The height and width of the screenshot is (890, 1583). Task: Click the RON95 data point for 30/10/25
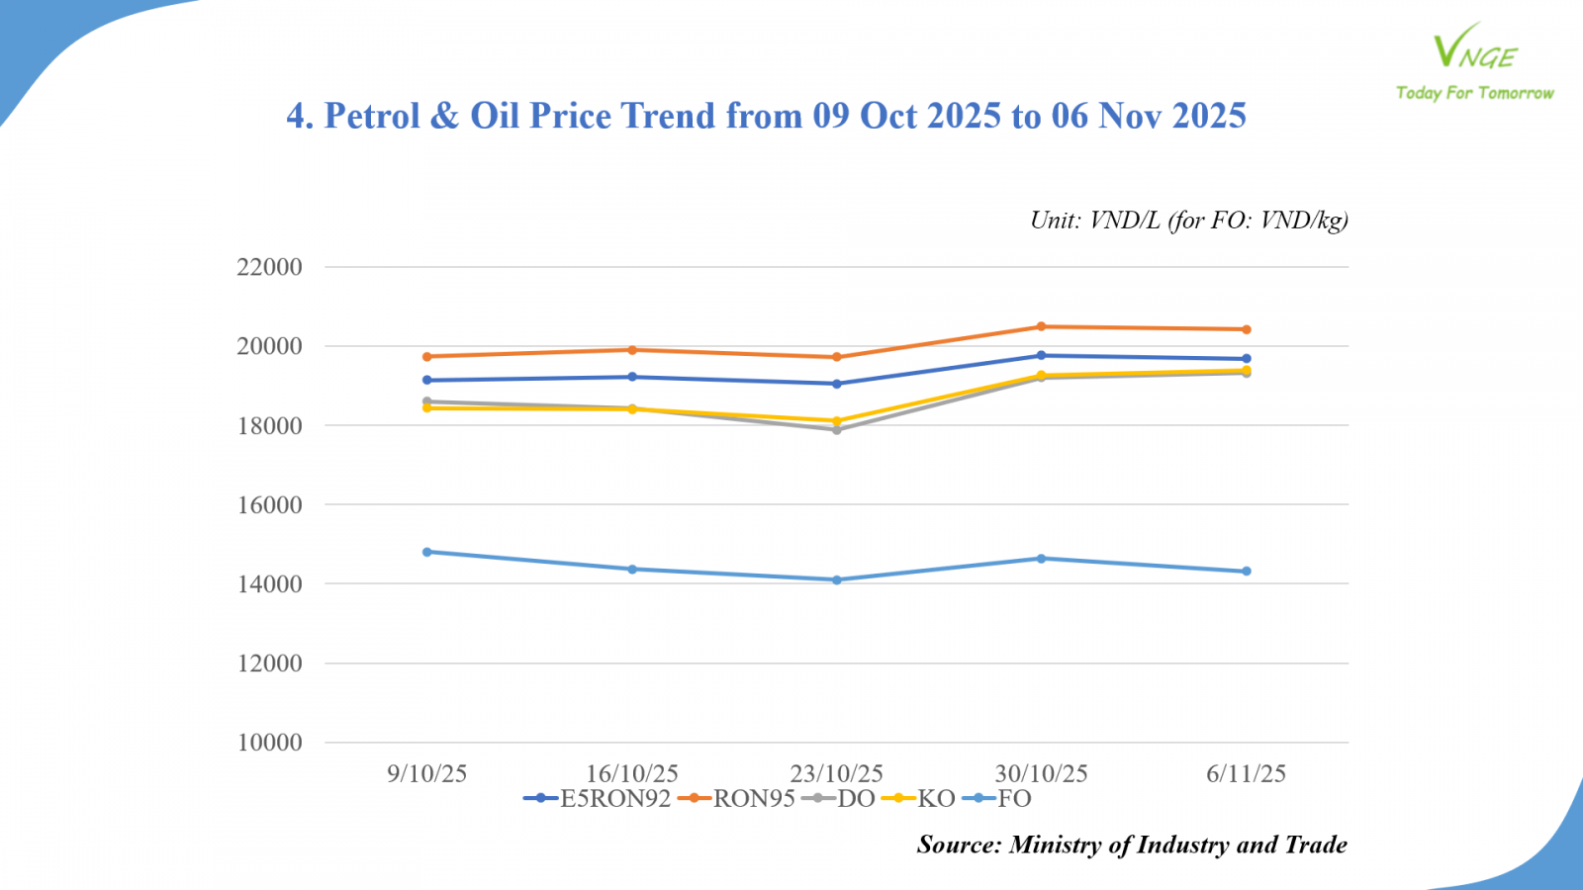click(1041, 326)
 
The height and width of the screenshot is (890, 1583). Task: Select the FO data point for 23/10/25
click(837, 580)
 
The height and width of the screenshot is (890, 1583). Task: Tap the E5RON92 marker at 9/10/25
click(427, 380)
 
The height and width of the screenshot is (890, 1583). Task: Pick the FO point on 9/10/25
click(427, 552)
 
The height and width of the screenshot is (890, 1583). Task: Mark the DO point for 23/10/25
click(837, 430)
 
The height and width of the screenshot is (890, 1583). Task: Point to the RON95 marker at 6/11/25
click(1247, 329)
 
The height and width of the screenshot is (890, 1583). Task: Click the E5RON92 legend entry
click(598, 799)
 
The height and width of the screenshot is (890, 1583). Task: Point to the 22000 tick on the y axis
click(269, 267)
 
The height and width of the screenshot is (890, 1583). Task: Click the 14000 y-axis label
click(269, 584)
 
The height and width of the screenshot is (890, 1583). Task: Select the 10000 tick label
click(269, 743)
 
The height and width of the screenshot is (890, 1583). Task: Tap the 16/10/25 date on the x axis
click(632, 773)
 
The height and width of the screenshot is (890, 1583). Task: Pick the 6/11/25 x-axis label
click(1246, 773)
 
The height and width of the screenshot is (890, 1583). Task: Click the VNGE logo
click(1474, 49)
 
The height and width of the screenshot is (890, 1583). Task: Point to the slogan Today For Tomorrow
click(1474, 93)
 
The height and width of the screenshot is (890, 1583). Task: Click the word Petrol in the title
click(372, 116)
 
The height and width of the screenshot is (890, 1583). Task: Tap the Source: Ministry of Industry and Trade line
click(1132, 845)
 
